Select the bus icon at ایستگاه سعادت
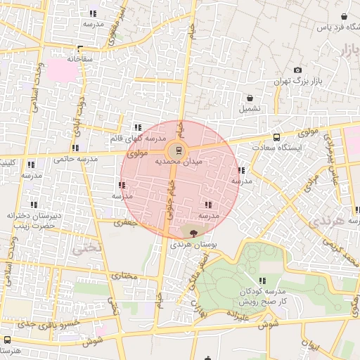276,138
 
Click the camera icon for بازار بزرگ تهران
297,70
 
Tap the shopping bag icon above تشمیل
250,98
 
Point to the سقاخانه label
80,59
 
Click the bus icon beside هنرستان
7,340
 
